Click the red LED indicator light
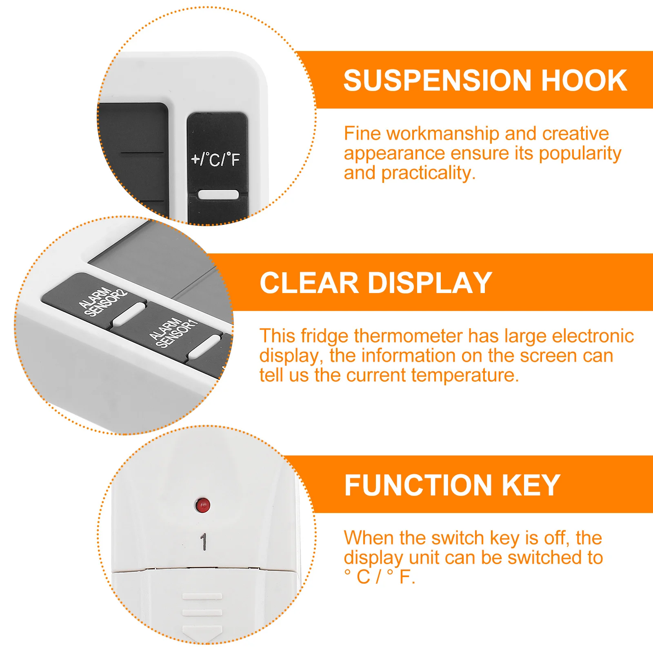pos(203,505)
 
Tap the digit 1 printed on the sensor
pos(203,542)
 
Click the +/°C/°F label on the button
pos(215,159)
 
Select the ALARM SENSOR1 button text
pos(173,333)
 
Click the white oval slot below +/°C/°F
pos(218,195)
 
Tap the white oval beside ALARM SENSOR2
pos(128,315)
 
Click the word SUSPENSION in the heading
pos(437,80)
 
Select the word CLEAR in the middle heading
pos(309,283)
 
